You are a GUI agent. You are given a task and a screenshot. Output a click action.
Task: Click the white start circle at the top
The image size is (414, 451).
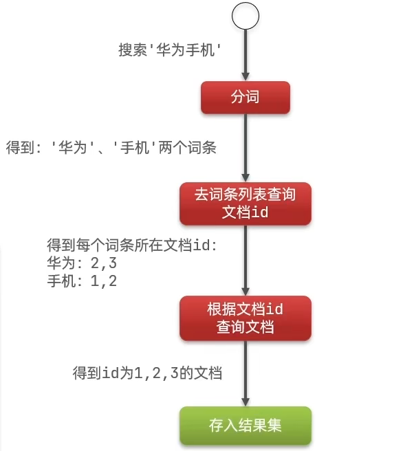click(246, 16)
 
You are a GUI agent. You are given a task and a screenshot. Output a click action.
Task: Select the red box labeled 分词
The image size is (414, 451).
click(245, 98)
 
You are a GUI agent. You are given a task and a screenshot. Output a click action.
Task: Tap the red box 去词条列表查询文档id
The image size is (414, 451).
click(246, 203)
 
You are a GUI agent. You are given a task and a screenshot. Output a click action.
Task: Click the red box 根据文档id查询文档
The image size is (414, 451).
click(246, 318)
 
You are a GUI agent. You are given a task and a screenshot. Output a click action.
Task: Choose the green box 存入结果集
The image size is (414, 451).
click(246, 426)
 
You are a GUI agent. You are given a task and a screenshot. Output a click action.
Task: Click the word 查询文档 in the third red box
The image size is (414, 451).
click(246, 327)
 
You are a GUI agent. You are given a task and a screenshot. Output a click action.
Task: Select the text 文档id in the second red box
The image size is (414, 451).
click(246, 212)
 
